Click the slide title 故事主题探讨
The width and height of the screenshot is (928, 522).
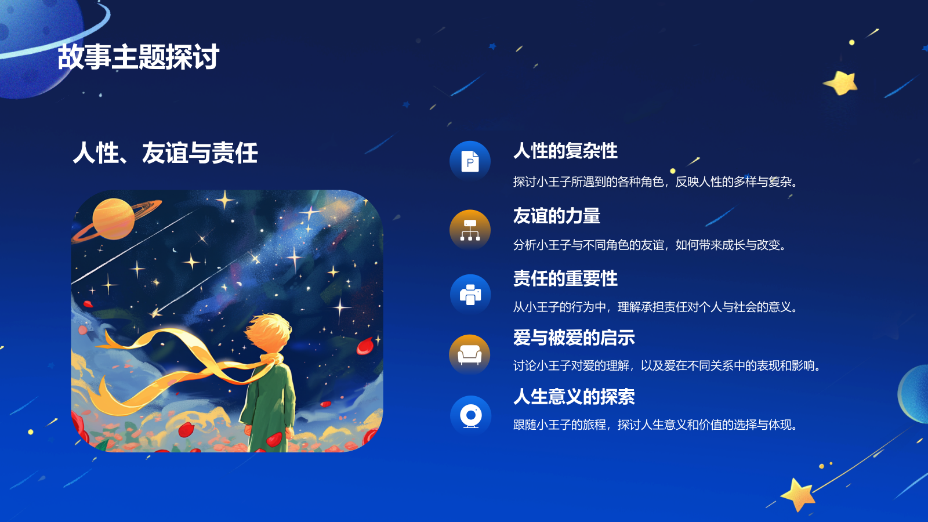(138, 57)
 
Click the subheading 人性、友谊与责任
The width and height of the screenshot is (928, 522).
(165, 153)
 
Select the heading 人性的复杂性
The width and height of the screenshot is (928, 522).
(565, 151)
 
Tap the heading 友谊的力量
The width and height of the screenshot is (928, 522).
(556, 216)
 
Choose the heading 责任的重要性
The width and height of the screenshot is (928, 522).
(565, 278)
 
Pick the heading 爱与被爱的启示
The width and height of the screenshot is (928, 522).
(574, 338)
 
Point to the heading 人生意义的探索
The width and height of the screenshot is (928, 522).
(574, 397)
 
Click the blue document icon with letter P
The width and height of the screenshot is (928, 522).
(470, 161)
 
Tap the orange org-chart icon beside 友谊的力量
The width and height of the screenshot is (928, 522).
(470, 230)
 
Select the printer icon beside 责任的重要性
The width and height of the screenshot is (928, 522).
(470, 295)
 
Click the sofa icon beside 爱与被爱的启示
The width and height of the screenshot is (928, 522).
(470, 354)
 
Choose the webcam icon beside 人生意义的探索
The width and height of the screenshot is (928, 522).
(470, 416)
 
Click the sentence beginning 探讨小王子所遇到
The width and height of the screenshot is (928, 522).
(655, 182)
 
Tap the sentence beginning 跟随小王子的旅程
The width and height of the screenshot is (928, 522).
(655, 425)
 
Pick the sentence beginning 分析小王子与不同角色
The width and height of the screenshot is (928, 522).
(650, 245)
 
